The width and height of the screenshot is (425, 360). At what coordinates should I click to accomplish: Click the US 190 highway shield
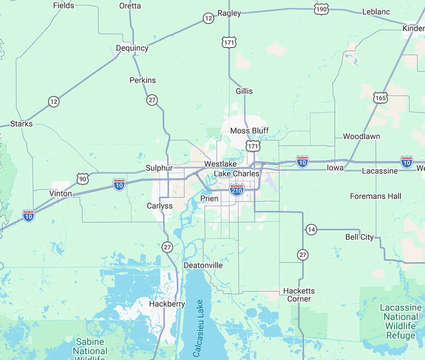click(x=321, y=9)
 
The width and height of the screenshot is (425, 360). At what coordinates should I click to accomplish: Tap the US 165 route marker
click(x=380, y=98)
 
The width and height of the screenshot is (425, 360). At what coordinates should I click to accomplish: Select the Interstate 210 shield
click(x=237, y=189)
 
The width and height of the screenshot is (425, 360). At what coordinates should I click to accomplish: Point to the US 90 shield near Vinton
click(x=82, y=178)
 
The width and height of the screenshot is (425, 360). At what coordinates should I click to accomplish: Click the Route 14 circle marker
click(x=312, y=229)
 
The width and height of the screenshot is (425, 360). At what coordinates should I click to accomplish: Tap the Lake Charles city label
click(x=236, y=173)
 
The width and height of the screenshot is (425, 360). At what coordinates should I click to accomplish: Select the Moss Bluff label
click(x=249, y=131)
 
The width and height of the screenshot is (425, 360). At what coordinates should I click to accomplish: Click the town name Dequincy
click(x=132, y=48)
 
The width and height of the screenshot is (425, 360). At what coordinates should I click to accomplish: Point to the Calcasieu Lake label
click(x=198, y=328)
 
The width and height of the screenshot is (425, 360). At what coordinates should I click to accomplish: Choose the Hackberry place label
click(x=167, y=304)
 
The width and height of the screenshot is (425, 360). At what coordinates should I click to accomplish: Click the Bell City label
click(x=360, y=237)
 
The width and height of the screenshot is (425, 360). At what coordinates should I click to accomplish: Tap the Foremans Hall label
click(x=376, y=196)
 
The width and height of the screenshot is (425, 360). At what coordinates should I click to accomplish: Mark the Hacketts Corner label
click(x=299, y=295)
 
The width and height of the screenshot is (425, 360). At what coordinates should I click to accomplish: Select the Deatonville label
click(x=203, y=265)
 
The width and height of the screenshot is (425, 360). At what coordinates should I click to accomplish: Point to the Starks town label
click(x=22, y=124)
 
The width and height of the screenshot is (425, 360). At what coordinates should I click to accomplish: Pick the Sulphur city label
click(x=159, y=168)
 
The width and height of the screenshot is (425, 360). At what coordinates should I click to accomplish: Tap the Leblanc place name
click(x=376, y=12)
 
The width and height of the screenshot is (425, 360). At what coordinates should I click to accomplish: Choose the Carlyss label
click(x=160, y=205)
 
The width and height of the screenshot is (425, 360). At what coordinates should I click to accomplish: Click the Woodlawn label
click(x=361, y=136)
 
